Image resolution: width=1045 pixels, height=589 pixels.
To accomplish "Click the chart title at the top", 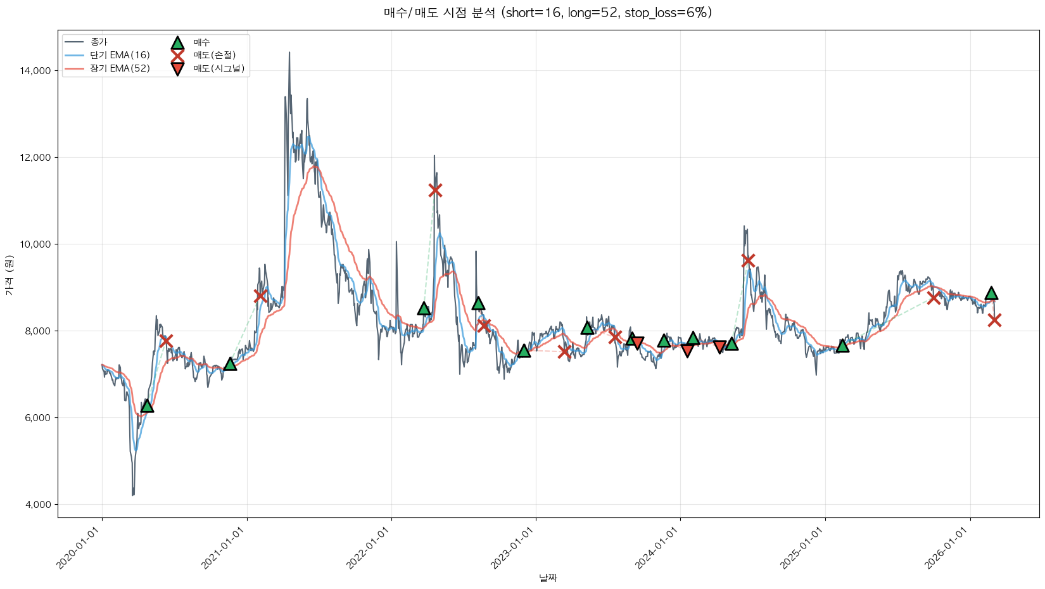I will (x=548, y=13).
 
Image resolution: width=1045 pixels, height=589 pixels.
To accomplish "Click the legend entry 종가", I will (x=99, y=42).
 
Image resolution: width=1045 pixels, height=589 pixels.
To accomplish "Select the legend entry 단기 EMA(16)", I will (x=120, y=55).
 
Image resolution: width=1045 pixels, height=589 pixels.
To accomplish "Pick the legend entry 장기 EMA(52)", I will (x=120, y=68).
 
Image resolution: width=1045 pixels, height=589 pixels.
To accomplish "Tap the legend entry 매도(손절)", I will (x=214, y=55).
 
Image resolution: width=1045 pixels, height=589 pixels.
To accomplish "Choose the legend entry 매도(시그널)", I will (x=218, y=68).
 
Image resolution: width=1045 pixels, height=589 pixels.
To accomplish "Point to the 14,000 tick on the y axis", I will (x=35, y=71).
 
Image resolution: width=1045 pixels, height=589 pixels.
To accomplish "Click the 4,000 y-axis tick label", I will (x=38, y=505).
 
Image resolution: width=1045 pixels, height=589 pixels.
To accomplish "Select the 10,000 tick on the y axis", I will (x=35, y=244).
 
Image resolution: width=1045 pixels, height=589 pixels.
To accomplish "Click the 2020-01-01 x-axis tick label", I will (x=80, y=548).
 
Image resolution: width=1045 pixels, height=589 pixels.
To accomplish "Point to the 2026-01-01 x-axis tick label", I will (x=949, y=548).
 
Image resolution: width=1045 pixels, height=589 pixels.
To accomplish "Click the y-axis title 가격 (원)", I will (x=9, y=275).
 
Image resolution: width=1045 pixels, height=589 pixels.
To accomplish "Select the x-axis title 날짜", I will (x=548, y=578).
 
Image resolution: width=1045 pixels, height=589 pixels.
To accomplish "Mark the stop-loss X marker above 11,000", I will (x=434, y=190).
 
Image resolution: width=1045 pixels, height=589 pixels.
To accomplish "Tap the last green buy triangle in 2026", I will (x=991, y=293).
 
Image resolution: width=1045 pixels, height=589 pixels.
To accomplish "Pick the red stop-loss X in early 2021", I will (x=260, y=296).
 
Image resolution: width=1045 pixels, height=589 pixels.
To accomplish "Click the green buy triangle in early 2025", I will (x=842, y=346).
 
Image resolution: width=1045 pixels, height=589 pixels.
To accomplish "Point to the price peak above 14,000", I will (x=289, y=53).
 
